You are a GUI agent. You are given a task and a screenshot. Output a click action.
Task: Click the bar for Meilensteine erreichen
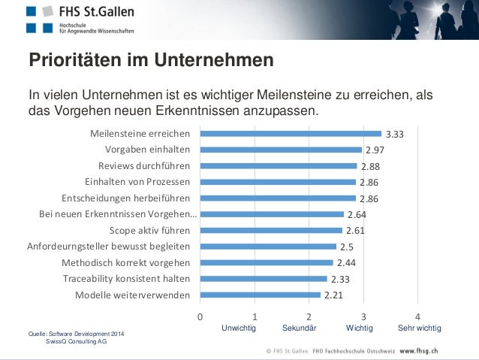pyautogui.click(x=291, y=134)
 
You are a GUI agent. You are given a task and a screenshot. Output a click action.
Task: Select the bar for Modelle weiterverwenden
pyautogui.click(x=260, y=295)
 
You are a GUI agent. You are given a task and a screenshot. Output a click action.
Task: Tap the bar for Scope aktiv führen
pyautogui.click(x=271, y=231)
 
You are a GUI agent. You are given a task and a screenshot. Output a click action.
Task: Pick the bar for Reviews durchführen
pyautogui.click(x=278, y=166)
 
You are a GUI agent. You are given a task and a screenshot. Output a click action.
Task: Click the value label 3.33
pyautogui.click(x=395, y=135)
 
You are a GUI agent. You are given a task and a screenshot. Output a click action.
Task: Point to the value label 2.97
pyautogui.click(x=375, y=150)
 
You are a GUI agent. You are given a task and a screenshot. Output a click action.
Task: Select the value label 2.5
pyautogui.click(x=347, y=247)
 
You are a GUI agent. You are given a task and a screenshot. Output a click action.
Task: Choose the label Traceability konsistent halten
pyautogui.click(x=126, y=279)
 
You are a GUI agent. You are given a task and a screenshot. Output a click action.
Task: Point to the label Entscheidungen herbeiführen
pyautogui.click(x=125, y=198)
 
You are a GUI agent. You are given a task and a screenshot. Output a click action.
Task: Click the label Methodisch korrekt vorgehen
pyautogui.click(x=125, y=263)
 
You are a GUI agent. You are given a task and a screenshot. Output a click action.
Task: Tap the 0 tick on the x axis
pyautogui.click(x=200, y=316)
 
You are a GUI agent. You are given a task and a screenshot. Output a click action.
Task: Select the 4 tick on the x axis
pyautogui.click(x=418, y=316)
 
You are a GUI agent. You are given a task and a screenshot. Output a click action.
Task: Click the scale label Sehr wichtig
pyautogui.click(x=419, y=329)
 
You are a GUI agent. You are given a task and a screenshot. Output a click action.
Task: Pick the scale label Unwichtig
pyautogui.click(x=239, y=329)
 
